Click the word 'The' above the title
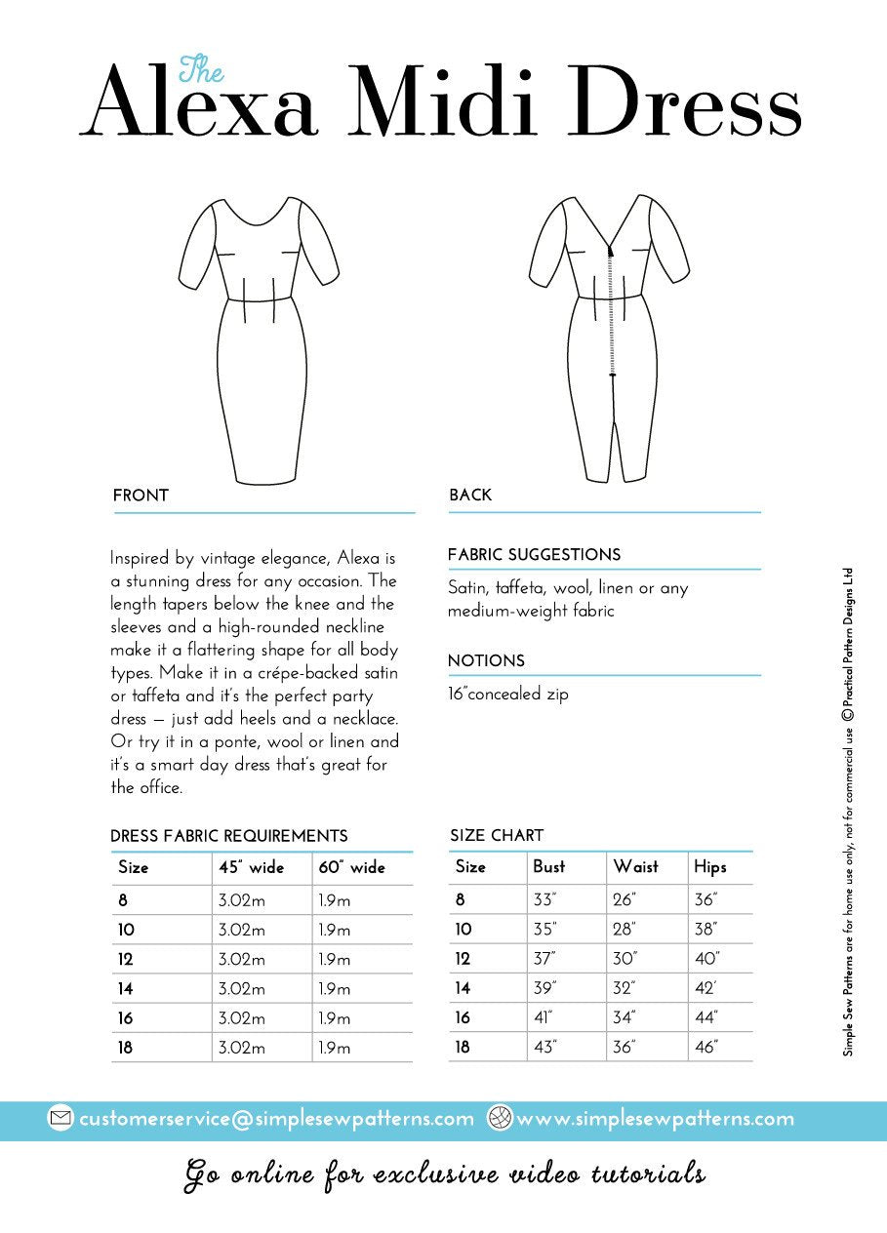202,69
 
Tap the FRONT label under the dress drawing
141,496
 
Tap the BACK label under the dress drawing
470,496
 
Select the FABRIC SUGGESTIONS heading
534,555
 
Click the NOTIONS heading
486,661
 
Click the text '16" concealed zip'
507,695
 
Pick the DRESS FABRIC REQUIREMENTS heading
229,836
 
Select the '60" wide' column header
351,867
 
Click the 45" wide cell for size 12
241,960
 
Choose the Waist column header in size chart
635,866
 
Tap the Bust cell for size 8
544,899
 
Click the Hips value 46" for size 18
706,1048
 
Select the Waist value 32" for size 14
625,988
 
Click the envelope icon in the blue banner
60,1119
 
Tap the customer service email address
276,1119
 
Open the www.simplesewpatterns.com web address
655,1119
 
